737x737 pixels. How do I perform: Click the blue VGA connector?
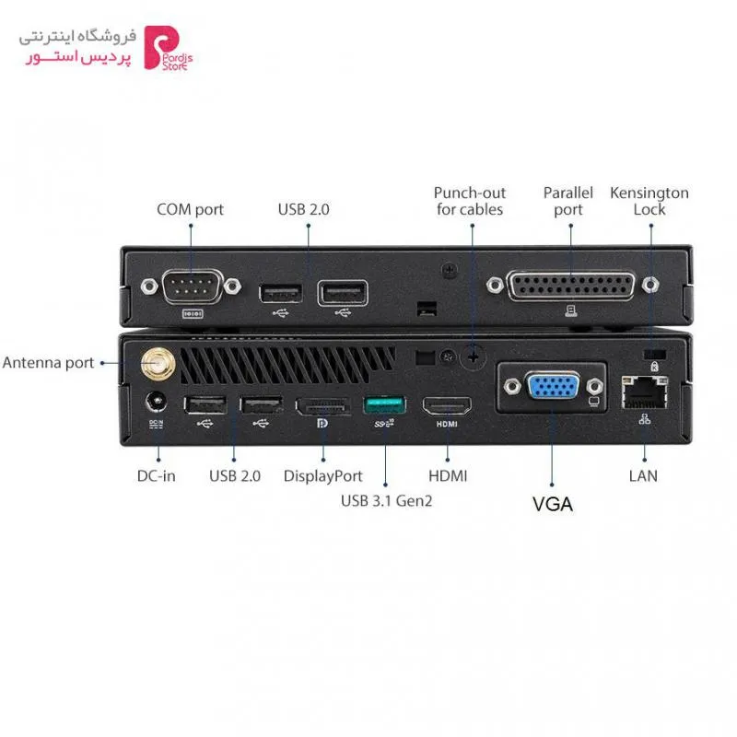tap(554, 388)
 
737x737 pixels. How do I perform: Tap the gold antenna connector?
tap(158, 364)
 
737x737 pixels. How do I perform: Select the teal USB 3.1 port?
tap(384, 405)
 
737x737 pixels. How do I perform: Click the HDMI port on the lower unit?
tap(447, 406)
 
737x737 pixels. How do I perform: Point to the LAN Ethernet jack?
tap(644, 392)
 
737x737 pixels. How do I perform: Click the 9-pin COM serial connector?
tap(192, 287)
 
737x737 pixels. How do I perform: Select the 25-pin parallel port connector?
tap(570, 286)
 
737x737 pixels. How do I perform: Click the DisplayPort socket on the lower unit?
tap(323, 406)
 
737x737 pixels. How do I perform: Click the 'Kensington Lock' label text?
tap(649, 201)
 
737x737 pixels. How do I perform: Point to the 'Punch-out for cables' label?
tap(470, 201)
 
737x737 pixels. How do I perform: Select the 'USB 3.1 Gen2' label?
tap(386, 501)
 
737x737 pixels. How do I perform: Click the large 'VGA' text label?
tap(553, 504)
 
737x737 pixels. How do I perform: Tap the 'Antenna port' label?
tap(49, 363)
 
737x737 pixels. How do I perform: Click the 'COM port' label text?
tap(190, 210)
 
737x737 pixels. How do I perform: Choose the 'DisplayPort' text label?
tap(323, 476)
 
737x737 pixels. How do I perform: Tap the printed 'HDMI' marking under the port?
tap(447, 424)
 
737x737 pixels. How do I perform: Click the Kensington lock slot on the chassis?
tap(654, 354)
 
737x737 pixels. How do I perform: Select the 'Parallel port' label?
tap(568, 201)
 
